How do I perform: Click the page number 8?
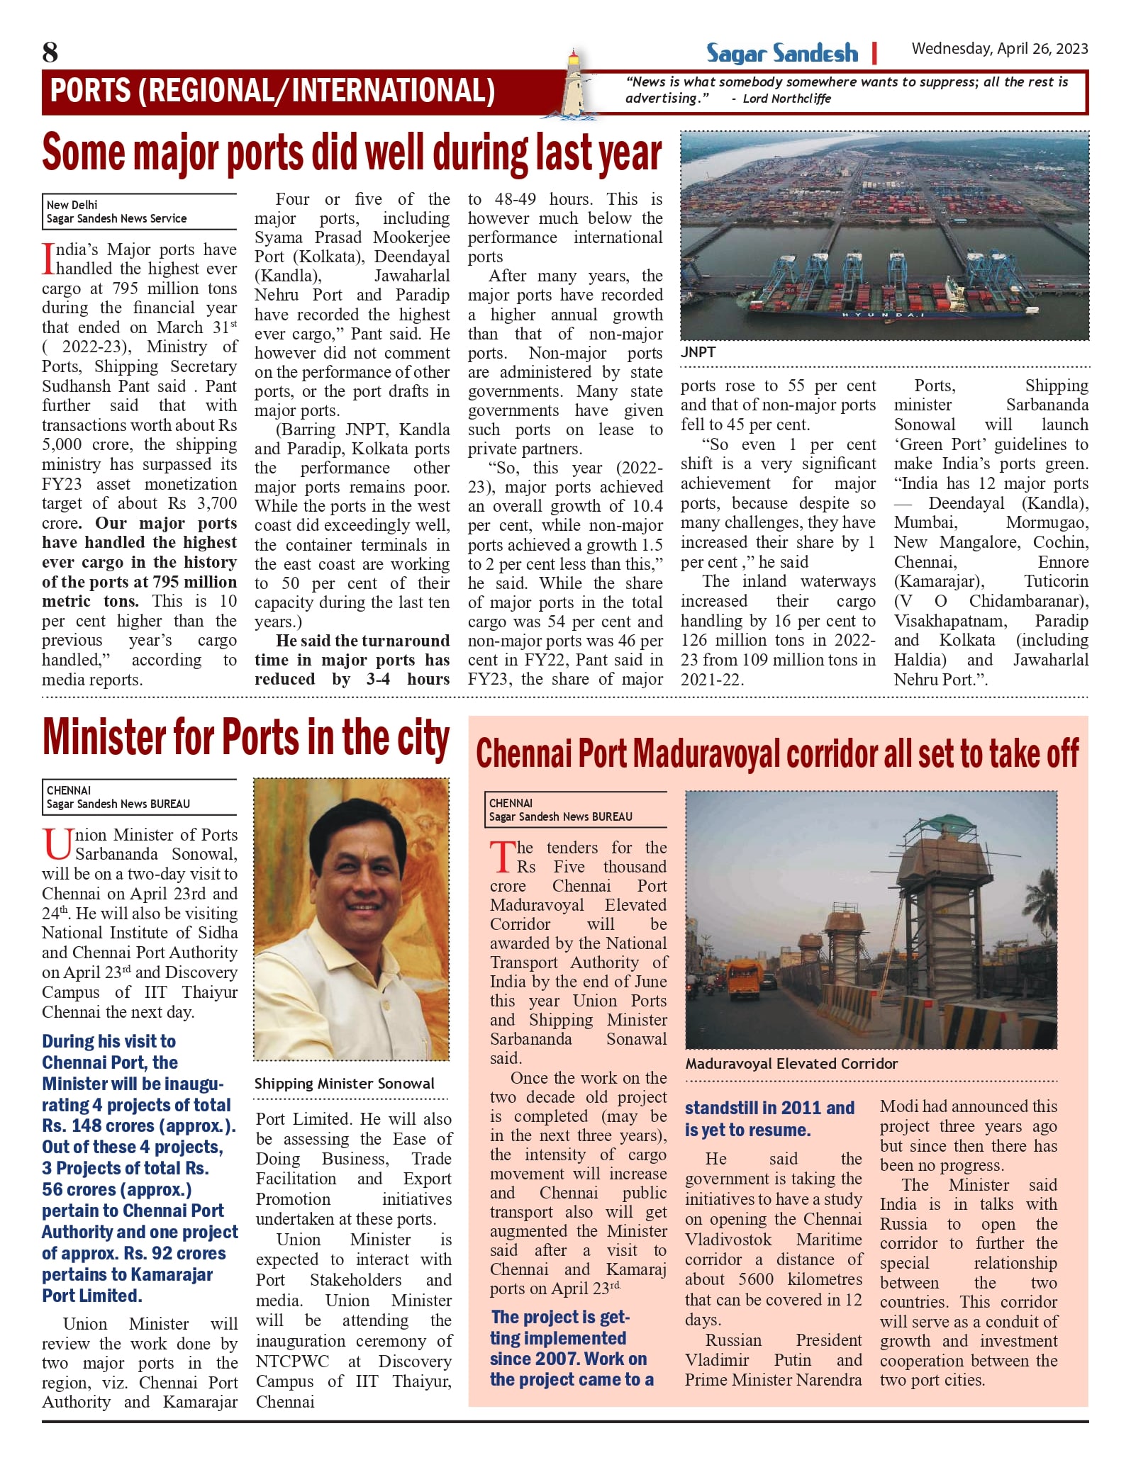50,52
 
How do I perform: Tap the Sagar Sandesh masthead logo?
781,53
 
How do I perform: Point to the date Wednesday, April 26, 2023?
999,49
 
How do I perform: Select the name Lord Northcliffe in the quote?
786,99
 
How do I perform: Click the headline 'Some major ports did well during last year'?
352,153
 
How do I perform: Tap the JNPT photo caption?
698,352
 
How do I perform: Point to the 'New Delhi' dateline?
72,205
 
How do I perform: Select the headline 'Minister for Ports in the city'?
245,739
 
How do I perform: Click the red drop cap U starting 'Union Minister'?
57,844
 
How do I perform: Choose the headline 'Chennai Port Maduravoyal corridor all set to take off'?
777,753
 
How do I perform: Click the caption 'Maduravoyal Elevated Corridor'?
791,1063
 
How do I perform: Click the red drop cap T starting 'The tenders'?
502,857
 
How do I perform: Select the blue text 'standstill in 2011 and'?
769,1108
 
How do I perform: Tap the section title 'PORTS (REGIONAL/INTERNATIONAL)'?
272,91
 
